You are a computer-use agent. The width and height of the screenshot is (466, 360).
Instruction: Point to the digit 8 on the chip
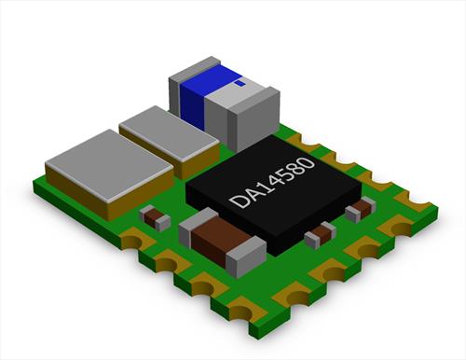295,170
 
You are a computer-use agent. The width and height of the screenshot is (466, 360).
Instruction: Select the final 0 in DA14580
307,164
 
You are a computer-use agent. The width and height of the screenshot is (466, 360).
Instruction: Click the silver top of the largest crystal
109,163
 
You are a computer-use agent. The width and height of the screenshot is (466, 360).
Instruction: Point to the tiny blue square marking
240,83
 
